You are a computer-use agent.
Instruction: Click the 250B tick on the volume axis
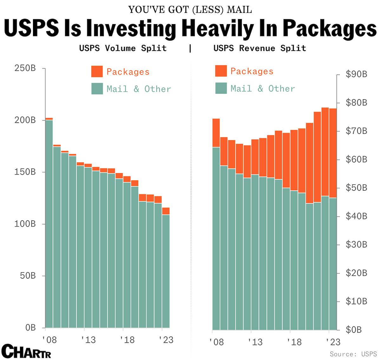(x=25, y=68)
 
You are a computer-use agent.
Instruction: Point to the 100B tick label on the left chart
(x=25, y=224)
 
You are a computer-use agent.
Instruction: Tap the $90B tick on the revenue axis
(x=356, y=74)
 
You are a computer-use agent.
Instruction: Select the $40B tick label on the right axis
(x=356, y=216)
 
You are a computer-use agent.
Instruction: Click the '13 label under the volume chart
(x=88, y=340)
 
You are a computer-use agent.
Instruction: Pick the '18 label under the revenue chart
(x=294, y=342)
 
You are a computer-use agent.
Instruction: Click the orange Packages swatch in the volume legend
(x=97, y=71)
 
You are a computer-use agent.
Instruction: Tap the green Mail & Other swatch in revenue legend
(x=221, y=88)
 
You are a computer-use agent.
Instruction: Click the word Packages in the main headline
(x=329, y=29)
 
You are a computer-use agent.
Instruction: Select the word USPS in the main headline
(x=31, y=29)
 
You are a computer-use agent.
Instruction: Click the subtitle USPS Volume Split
(x=123, y=48)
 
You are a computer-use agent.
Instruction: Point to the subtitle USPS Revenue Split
(x=259, y=48)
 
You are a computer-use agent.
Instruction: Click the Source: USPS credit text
(x=353, y=354)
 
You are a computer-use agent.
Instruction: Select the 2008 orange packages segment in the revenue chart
(x=216, y=133)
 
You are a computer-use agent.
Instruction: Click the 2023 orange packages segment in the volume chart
(x=166, y=211)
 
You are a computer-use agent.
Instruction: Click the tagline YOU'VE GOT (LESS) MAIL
(x=190, y=10)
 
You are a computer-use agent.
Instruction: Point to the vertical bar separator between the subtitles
(x=190, y=48)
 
